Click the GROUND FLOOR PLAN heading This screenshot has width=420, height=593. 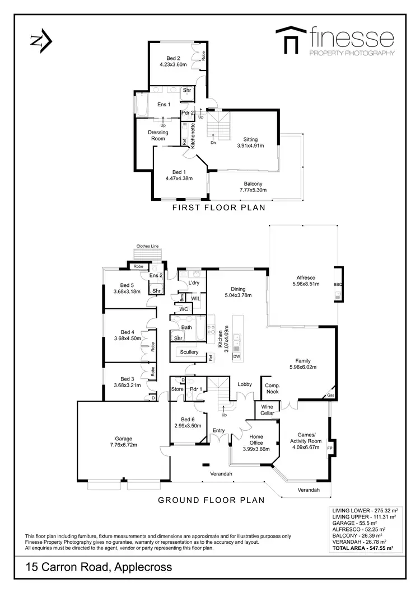coord(211,500)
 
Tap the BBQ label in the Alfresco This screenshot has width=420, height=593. coord(337,284)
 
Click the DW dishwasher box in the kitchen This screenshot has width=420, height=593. coord(237,356)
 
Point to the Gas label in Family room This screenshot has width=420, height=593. coord(330,396)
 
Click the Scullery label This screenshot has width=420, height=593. coord(189,352)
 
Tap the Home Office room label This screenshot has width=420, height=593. coord(256,441)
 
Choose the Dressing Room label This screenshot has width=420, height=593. coord(158,136)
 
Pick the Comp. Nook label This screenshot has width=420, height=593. coord(272,389)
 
